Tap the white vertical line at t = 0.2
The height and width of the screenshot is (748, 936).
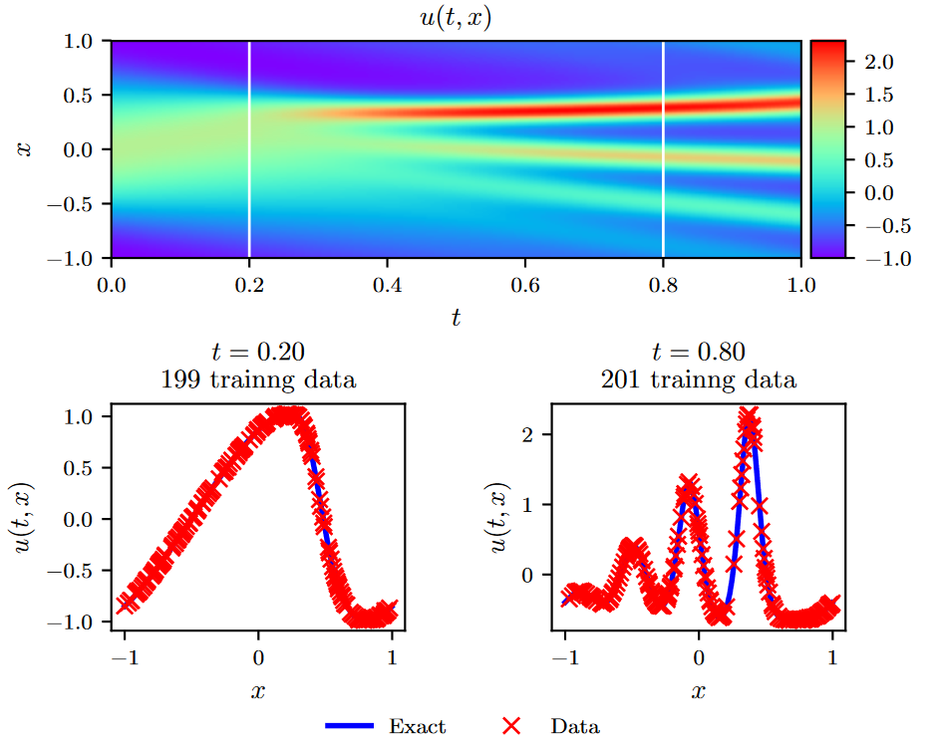(x=249, y=149)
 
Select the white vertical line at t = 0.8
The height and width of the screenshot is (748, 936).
(x=663, y=149)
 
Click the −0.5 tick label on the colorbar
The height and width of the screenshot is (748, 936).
(x=876, y=225)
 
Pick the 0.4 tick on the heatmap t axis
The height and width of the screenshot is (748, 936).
(x=387, y=285)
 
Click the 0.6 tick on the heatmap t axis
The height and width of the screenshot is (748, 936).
(x=525, y=285)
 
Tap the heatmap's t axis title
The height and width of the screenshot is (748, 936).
(x=456, y=318)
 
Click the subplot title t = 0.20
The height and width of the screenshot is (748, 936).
(x=259, y=352)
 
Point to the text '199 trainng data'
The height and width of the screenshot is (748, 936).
(x=259, y=379)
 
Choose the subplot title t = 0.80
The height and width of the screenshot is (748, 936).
(x=698, y=352)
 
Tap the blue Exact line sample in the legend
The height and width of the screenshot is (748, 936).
(x=349, y=726)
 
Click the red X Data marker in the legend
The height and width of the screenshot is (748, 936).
(x=510, y=726)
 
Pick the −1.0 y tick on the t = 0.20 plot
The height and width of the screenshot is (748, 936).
(x=81, y=621)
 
